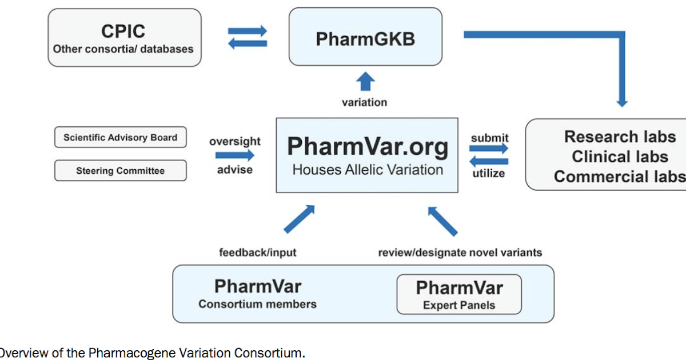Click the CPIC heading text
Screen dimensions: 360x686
(x=123, y=30)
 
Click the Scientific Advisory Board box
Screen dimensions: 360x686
(x=120, y=137)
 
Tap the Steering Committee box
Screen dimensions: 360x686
(x=120, y=171)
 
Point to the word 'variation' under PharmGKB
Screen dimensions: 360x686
(x=364, y=103)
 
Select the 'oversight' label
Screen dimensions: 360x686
(x=235, y=141)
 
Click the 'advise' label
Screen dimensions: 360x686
(x=235, y=170)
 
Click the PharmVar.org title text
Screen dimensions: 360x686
(x=368, y=147)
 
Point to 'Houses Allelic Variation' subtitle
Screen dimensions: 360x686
(x=368, y=170)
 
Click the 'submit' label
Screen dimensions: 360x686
(x=489, y=138)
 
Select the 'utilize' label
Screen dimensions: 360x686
(x=489, y=173)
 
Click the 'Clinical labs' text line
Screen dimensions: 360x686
(x=620, y=157)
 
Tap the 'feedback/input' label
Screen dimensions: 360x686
(x=258, y=252)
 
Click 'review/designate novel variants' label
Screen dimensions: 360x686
(x=460, y=252)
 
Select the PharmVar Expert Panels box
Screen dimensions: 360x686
(x=459, y=294)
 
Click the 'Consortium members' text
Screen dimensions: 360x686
(x=257, y=304)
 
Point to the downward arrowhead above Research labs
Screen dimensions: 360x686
(x=622, y=102)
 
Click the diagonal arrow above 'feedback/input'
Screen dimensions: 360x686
(x=299, y=219)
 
